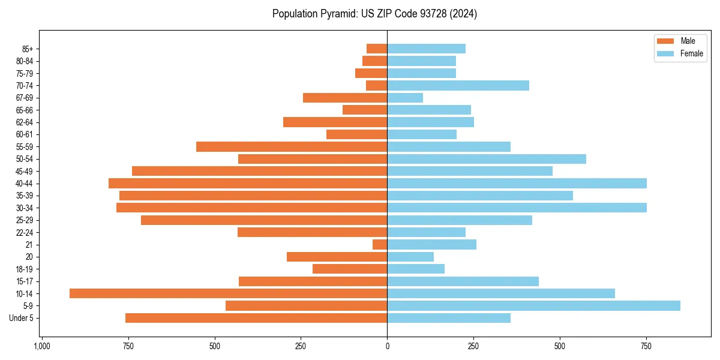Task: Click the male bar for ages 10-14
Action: click(228, 293)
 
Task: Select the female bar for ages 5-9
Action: click(533, 305)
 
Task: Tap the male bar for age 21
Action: click(380, 244)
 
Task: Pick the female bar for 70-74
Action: click(458, 85)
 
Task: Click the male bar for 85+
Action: click(377, 49)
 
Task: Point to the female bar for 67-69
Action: click(405, 98)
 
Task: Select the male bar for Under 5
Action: click(256, 318)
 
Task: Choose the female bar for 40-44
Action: click(517, 183)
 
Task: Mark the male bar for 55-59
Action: click(292, 146)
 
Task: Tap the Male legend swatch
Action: click(665, 41)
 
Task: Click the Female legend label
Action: click(691, 53)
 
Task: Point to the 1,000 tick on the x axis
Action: click(42, 346)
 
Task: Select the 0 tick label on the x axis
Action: click(387, 346)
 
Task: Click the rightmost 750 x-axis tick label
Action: click(646, 346)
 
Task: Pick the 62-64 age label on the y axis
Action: click(25, 122)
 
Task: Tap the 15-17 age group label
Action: click(25, 281)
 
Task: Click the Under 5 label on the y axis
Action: click(22, 318)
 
